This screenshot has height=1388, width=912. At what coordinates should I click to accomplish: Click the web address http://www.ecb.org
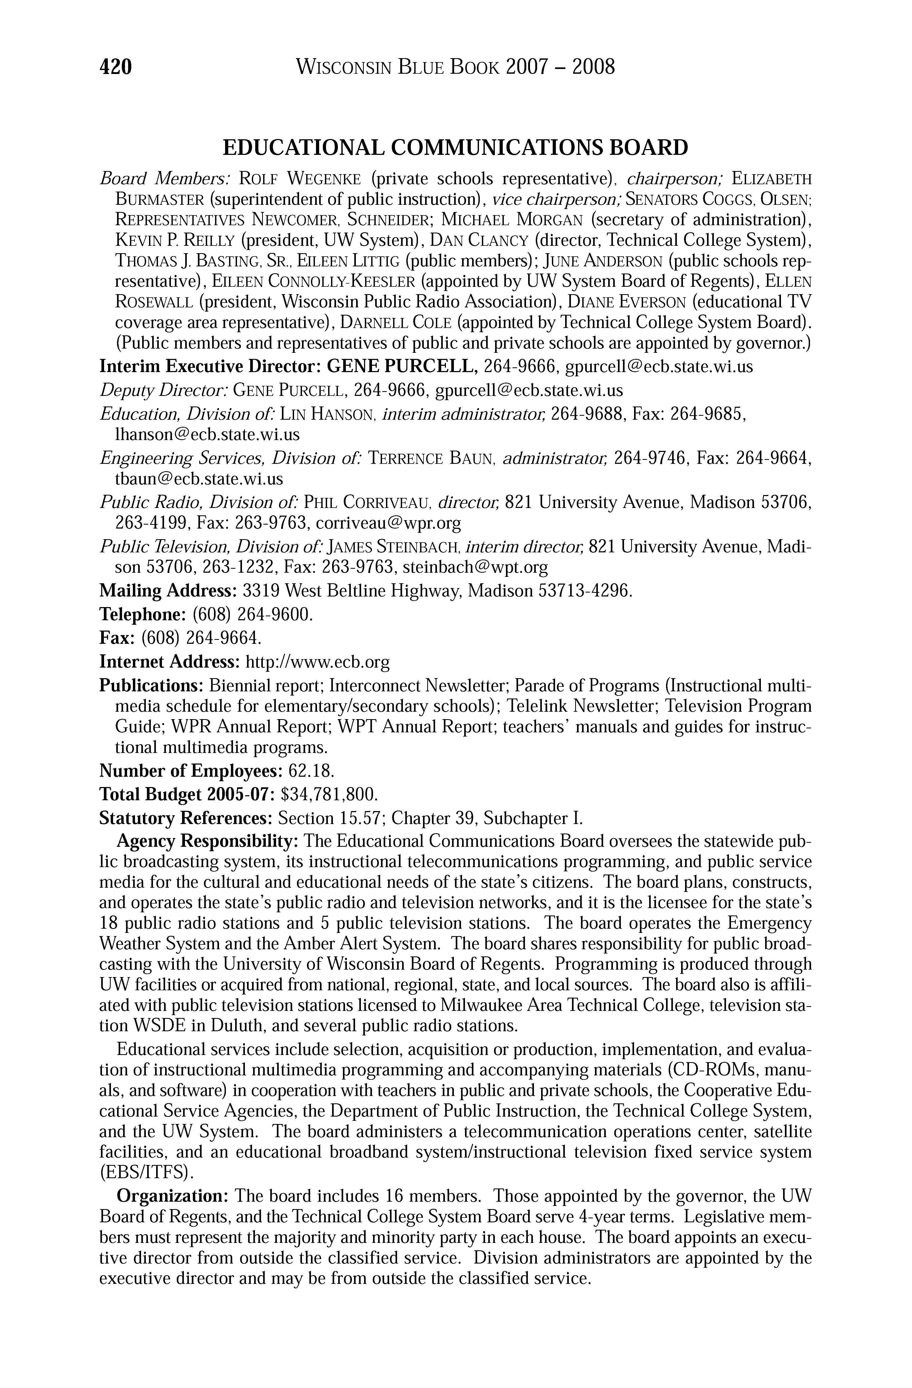tap(318, 662)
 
